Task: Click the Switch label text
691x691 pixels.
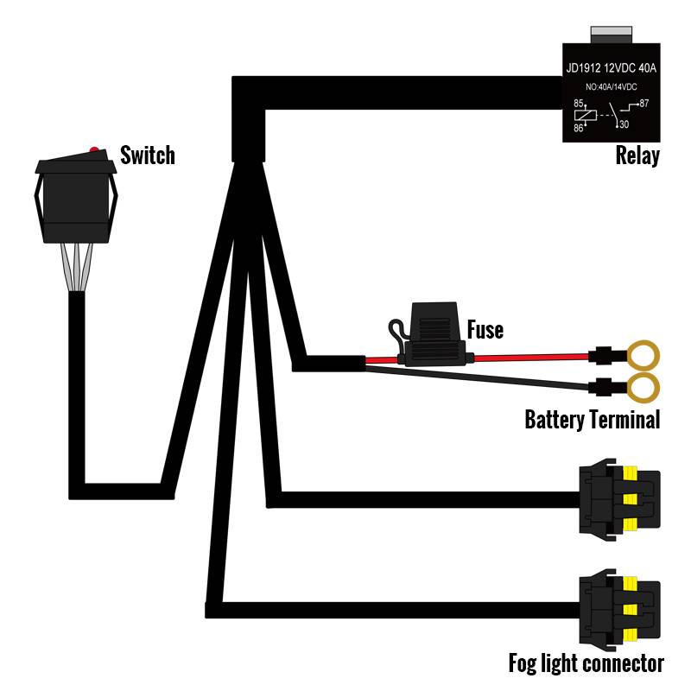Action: [x=147, y=155]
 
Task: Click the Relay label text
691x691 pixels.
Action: [x=637, y=156]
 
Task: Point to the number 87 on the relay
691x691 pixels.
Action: [x=643, y=104]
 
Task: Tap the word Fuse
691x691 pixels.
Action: [x=485, y=329]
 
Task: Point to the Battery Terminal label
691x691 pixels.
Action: [x=592, y=421]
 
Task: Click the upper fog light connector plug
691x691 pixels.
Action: [x=618, y=499]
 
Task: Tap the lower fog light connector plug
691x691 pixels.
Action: [x=618, y=610]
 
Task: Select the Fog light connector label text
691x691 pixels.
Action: [x=586, y=663]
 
